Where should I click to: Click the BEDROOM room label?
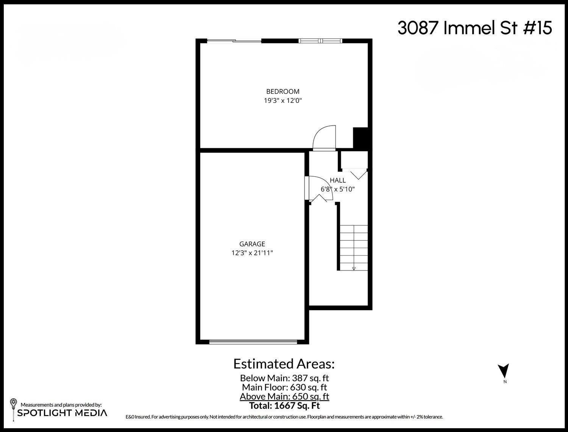282,92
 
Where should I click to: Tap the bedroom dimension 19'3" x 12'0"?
282,101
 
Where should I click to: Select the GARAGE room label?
252,244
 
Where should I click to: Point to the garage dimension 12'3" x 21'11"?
252,253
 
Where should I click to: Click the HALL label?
337,180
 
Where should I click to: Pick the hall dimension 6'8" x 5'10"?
337,189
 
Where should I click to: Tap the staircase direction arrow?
354,268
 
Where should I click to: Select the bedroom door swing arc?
324,138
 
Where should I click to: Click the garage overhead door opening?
253,342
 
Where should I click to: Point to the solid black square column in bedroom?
360,138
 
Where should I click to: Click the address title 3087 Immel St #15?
474,28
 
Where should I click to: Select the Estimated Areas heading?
284,364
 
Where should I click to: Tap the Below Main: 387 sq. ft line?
284,378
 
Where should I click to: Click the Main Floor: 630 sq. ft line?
284,387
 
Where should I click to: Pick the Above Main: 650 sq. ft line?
284,396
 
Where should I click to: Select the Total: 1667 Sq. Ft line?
284,406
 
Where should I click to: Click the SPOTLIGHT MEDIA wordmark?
62,413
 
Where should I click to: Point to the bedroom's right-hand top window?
320,41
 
